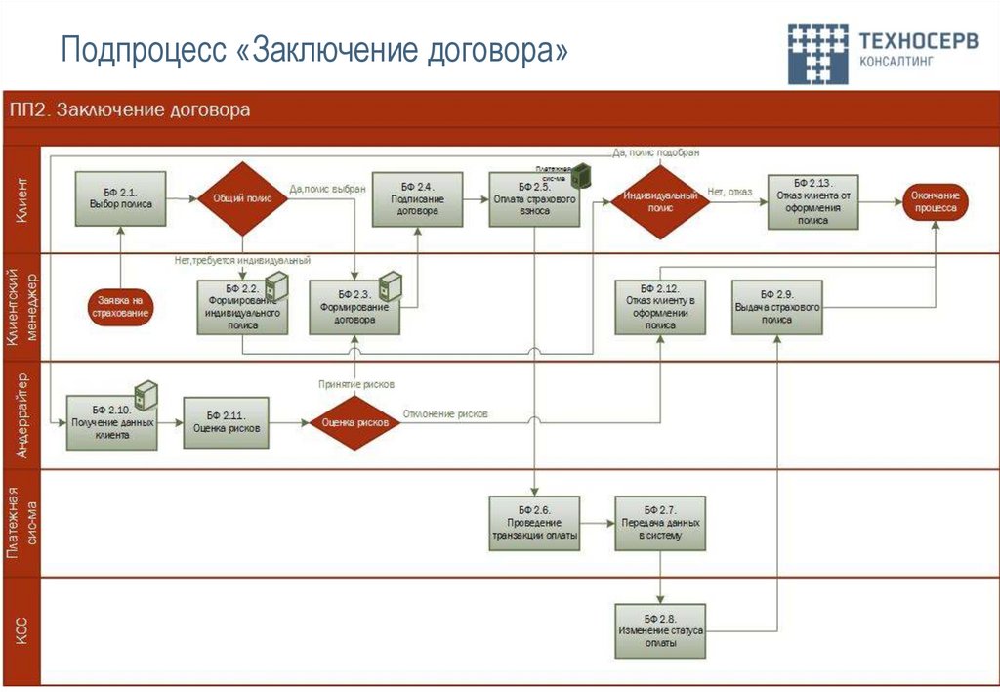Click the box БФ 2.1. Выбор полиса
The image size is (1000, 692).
click(x=120, y=198)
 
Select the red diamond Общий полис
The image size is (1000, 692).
click(x=242, y=198)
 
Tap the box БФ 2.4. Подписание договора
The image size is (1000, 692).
click(x=417, y=198)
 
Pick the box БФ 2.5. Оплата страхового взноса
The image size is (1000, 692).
click(x=533, y=199)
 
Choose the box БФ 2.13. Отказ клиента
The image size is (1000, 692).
click(x=812, y=201)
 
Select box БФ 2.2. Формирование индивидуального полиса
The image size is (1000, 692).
click(x=242, y=307)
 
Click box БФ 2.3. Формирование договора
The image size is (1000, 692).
click(x=354, y=307)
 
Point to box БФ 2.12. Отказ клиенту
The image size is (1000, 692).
click(x=660, y=307)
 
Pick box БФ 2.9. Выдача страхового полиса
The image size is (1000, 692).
click(x=776, y=307)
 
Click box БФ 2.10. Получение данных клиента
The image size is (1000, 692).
click(x=112, y=421)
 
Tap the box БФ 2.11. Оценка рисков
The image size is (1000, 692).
click(x=228, y=421)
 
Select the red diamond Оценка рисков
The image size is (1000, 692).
click(x=355, y=422)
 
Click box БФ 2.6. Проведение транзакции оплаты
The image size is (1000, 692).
click(x=533, y=524)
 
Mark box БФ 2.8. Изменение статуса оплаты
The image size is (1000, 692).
click(x=660, y=630)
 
